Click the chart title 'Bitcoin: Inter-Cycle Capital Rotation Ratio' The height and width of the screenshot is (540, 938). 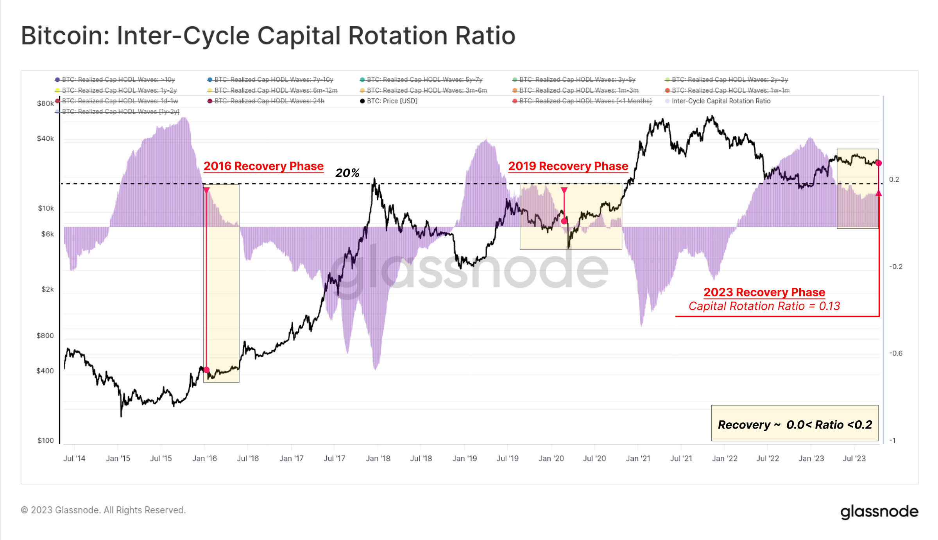click(268, 36)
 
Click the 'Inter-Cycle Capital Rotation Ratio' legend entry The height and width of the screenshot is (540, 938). click(721, 101)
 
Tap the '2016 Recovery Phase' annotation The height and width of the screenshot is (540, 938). click(263, 166)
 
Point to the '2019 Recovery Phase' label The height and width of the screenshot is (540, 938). click(568, 166)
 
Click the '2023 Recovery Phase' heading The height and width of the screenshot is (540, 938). click(764, 292)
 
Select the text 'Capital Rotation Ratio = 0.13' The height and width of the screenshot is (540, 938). click(764, 306)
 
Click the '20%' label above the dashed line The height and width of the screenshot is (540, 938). click(347, 173)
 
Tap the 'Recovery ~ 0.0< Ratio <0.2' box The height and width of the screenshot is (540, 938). click(795, 424)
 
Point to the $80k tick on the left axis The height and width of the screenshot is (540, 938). click(45, 104)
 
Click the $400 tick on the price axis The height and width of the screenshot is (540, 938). click(45, 371)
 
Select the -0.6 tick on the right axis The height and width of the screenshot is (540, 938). click(896, 353)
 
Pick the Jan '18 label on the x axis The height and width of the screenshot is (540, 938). click(378, 458)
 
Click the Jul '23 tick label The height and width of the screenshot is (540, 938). click(854, 458)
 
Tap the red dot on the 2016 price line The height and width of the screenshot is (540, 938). click(206, 370)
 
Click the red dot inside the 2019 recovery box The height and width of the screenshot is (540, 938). click(564, 221)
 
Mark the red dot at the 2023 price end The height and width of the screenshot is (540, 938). click(878, 163)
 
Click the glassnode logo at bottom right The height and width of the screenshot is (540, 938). click(879, 511)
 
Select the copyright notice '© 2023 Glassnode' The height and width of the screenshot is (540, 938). click(103, 510)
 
